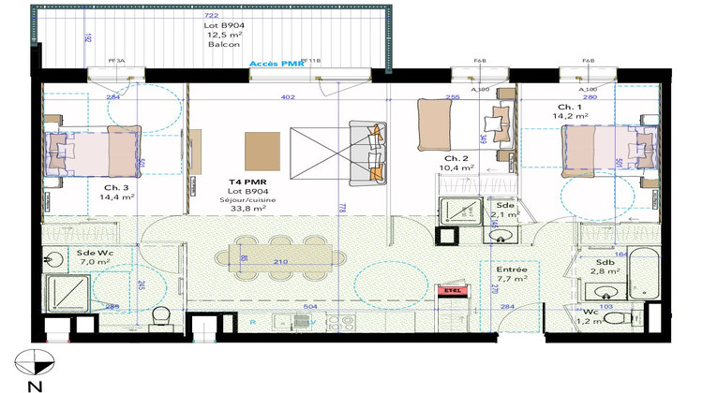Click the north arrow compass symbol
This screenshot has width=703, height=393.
pyautogui.click(x=34, y=359)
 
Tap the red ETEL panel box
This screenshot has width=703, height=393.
pyautogui.click(x=453, y=292)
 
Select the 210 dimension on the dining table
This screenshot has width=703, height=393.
pyautogui.click(x=279, y=262)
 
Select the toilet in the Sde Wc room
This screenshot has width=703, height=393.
pyautogui.click(x=160, y=313)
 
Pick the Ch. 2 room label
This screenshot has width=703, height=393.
pyautogui.click(x=456, y=158)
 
